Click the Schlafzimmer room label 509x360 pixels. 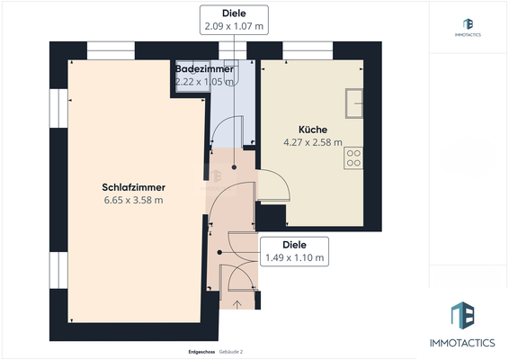[x=133, y=187]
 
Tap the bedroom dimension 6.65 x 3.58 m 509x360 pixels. [x=133, y=201]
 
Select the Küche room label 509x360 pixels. [x=313, y=129]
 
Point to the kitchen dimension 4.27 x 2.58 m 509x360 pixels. [x=313, y=142]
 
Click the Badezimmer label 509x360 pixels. [x=204, y=68]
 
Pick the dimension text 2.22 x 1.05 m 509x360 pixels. [x=204, y=81]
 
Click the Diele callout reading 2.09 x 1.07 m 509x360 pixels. [x=236, y=19]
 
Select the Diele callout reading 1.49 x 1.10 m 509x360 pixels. [x=294, y=250]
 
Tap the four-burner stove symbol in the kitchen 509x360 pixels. [x=353, y=158]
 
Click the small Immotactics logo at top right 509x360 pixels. [x=468, y=26]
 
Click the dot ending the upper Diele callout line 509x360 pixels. [x=236, y=166]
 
